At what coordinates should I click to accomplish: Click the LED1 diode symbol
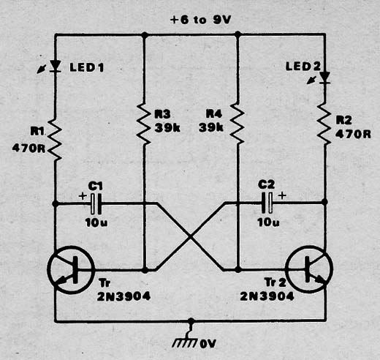click(56, 66)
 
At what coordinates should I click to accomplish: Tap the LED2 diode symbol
click(324, 78)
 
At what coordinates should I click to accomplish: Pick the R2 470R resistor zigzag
click(324, 124)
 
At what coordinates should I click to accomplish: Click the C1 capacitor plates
click(96, 203)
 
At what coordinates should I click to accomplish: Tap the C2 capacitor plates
click(267, 203)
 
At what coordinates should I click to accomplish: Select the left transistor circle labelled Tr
click(71, 270)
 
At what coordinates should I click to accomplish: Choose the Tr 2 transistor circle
click(309, 269)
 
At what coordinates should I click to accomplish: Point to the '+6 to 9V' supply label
click(200, 20)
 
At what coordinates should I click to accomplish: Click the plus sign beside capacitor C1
click(83, 195)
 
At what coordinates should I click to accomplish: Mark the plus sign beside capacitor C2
click(282, 195)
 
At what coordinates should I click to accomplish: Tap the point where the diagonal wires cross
click(191, 236)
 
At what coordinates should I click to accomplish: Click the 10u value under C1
click(96, 222)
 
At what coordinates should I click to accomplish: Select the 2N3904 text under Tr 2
click(267, 296)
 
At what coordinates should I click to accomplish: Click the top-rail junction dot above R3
click(145, 34)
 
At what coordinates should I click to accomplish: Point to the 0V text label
click(208, 344)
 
